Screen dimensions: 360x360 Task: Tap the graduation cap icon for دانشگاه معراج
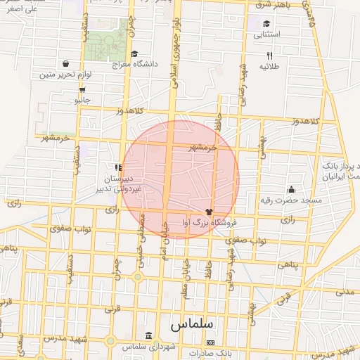click(x=134, y=53)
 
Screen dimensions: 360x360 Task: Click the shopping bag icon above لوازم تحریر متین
click(x=65, y=63)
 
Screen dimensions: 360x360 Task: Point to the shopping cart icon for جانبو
click(x=83, y=90)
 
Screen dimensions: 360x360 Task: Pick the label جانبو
click(x=83, y=101)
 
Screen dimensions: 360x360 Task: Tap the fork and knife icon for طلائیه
click(x=269, y=56)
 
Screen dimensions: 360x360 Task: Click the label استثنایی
click(x=267, y=34)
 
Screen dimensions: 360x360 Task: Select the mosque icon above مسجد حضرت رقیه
click(x=291, y=189)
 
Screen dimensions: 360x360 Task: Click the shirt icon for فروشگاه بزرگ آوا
click(x=208, y=211)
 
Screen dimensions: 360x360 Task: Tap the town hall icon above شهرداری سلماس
click(x=148, y=335)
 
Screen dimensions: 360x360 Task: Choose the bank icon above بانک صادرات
click(x=210, y=342)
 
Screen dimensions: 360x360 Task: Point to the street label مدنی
click(x=345, y=291)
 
